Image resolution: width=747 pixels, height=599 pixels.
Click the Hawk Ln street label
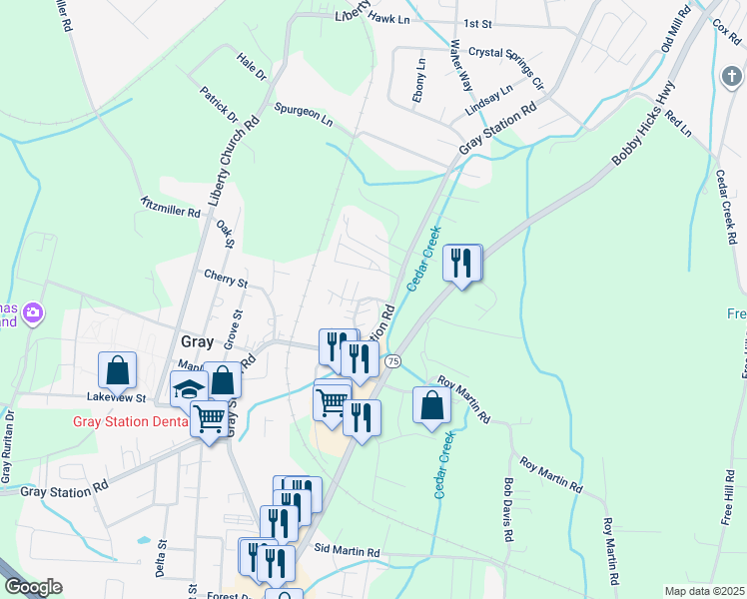point(389,18)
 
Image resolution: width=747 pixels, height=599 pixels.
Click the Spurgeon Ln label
point(304,113)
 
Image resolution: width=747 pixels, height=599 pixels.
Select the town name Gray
point(198,341)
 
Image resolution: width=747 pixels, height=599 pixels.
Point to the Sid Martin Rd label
point(347,551)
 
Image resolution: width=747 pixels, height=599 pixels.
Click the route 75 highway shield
point(392,359)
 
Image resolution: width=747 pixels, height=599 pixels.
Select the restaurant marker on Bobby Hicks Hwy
point(461,265)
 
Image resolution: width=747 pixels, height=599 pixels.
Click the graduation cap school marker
point(187,389)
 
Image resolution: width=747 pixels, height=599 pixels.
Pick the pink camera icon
point(33,314)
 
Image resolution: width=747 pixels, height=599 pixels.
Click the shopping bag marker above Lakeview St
point(118,370)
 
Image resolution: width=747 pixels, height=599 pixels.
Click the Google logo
point(33,586)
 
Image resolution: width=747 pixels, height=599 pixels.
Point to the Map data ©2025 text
point(703,591)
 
